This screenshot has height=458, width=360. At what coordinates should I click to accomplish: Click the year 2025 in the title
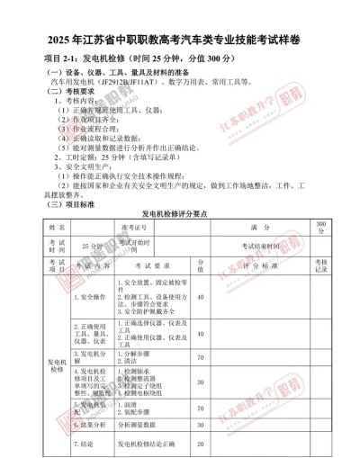53,41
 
